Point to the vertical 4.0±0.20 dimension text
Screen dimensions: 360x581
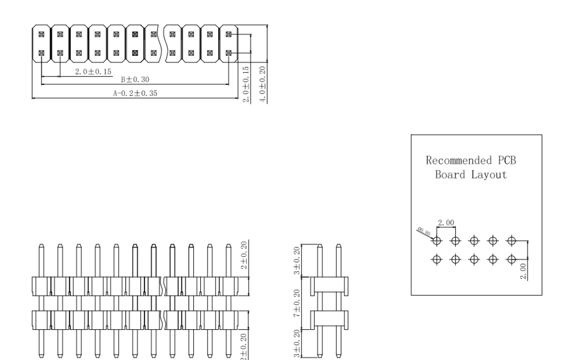263,84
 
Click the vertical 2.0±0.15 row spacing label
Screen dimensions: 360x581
246,84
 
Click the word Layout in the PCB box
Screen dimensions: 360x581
491,175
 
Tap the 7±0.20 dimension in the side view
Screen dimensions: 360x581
297,304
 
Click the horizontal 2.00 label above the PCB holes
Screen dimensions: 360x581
445,223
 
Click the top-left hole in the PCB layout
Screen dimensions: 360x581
437,241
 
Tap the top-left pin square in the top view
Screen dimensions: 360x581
41,34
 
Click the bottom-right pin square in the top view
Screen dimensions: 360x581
228,53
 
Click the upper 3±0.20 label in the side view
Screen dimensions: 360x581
297,261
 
